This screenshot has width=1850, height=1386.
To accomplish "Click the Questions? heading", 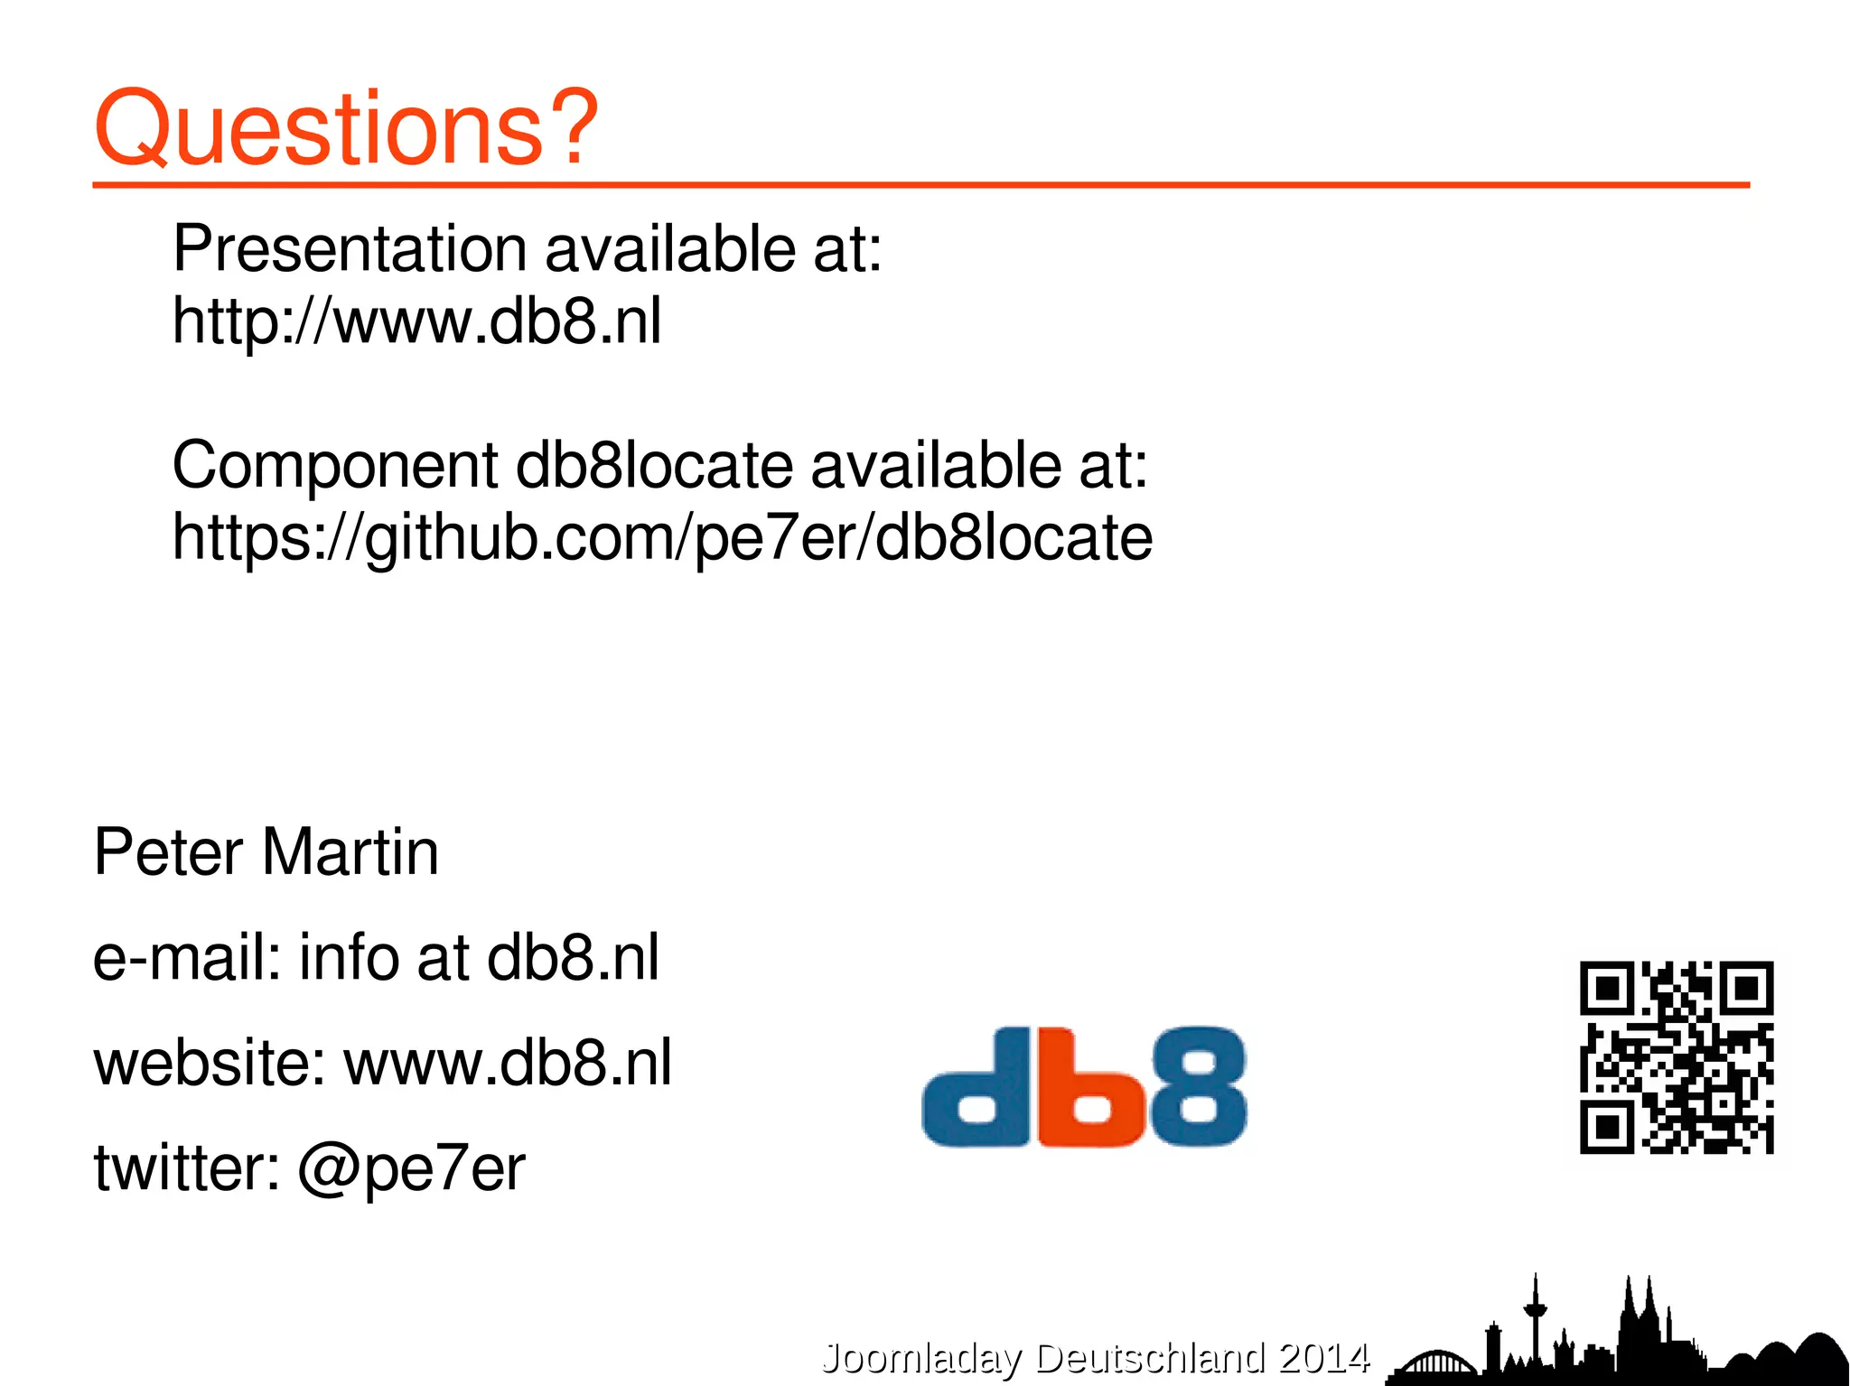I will pyautogui.click(x=346, y=128).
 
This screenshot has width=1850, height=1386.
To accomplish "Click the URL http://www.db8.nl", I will pyautogui.click(x=416, y=321).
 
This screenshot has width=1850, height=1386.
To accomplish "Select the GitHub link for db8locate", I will pyautogui.click(x=662, y=538).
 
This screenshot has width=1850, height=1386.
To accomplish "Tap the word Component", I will pyautogui.click(x=334, y=466).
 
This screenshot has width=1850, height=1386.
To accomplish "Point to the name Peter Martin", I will pyautogui.click(x=266, y=852).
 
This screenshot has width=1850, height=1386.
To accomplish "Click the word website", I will pyautogui.click(x=209, y=1063).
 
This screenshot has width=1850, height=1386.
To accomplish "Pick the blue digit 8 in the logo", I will pyautogui.click(x=1197, y=1086).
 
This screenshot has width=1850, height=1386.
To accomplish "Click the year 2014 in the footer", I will pyautogui.click(x=1324, y=1358).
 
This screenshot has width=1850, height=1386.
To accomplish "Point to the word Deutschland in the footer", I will pyautogui.click(x=1150, y=1358).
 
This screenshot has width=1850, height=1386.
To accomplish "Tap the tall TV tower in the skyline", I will pyautogui.click(x=1535, y=1318).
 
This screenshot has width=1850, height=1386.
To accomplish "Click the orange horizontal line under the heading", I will pyautogui.click(x=920, y=185).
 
